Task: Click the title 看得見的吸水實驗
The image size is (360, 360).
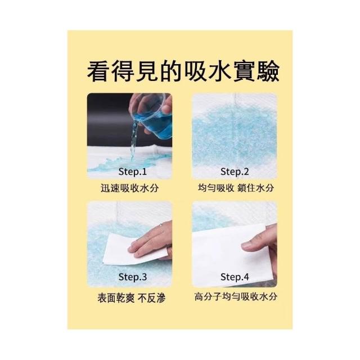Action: point(183,71)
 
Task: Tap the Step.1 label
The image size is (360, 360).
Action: point(133,172)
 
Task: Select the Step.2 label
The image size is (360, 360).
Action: point(235,172)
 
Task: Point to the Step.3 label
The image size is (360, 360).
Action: point(133,277)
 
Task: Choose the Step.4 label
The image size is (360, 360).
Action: point(235,277)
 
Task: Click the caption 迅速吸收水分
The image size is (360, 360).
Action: point(130,188)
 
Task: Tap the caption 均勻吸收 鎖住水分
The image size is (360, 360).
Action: point(236,188)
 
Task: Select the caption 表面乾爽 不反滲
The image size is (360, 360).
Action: point(132,298)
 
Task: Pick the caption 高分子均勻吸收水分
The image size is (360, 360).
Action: point(236,296)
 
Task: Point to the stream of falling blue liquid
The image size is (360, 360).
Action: point(134,140)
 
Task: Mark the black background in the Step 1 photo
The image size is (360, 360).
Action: point(108,119)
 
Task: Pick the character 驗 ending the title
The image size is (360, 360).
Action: point(268,71)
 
